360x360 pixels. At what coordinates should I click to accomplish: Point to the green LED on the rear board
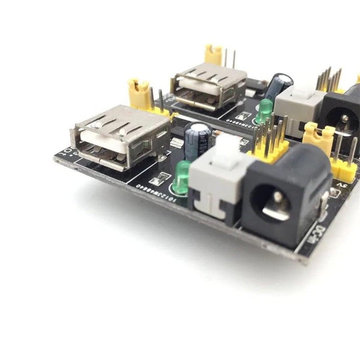click(265, 110)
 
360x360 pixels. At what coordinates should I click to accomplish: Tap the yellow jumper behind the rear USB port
click(213, 54)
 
